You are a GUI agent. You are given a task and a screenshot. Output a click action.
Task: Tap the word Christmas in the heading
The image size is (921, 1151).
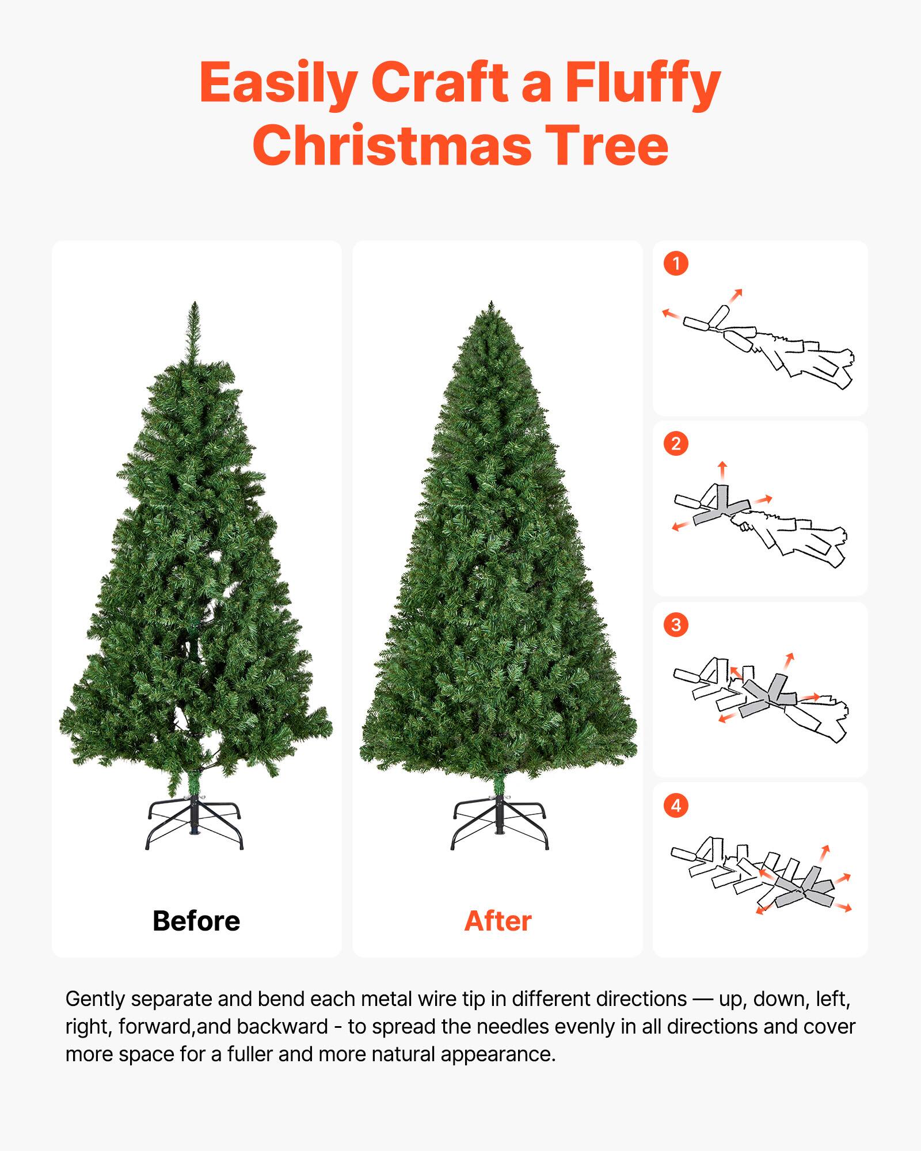click(x=392, y=146)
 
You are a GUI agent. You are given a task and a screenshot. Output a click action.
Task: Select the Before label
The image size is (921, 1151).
click(x=196, y=921)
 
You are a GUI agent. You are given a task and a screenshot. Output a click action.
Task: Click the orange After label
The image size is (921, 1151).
click(x=498, y=921)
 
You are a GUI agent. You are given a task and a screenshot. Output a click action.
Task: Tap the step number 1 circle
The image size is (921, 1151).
click(x=676, y=264)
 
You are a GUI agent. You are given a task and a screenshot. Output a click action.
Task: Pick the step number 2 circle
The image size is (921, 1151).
click(x=676, y=444)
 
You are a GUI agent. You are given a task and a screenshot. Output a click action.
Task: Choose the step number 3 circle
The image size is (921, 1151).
click(x=676, y=624)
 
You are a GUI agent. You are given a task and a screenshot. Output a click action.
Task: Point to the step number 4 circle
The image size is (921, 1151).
click(x=676, y=805)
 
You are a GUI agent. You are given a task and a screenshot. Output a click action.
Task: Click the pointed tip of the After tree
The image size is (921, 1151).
click(x=491, y=305)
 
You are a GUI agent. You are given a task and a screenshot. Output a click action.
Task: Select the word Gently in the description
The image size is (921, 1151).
click(x=96, y=999)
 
